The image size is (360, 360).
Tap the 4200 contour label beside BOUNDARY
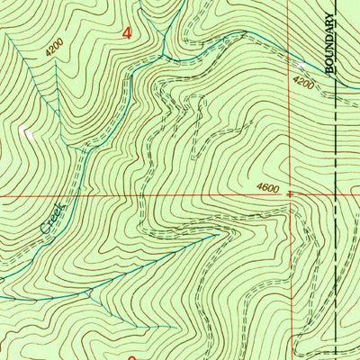(x=304, y=83)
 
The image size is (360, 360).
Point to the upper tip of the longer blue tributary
(x=221, y=231)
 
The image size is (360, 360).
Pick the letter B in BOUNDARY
(x=330, y=70)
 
